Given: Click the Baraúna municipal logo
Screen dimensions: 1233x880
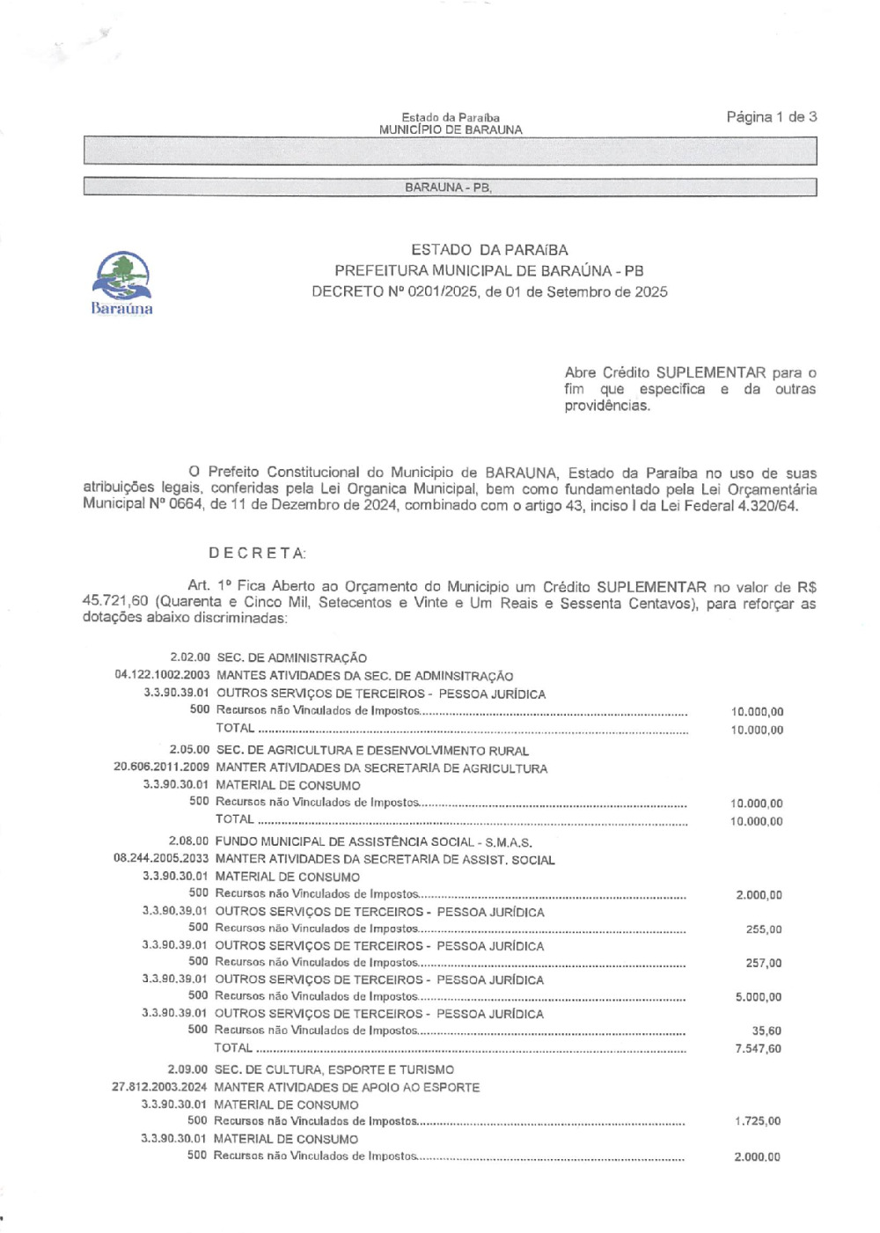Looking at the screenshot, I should [121, 282].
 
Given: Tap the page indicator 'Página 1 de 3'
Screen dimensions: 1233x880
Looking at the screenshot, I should [772, 117].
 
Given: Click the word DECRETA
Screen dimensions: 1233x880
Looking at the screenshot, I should [257, 553].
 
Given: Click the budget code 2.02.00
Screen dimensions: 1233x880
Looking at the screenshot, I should [190, 657].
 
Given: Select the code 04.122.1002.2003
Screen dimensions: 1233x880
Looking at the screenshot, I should [162, 676].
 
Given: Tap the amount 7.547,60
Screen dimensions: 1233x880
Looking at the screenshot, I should [758, 1048].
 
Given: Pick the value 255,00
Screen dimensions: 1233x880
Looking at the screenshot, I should [763, 929].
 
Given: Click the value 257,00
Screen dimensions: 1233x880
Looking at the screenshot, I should [763, 963].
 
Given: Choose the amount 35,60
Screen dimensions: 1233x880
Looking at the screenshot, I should [766, 1031].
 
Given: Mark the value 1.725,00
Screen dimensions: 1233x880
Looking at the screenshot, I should [757, 1121].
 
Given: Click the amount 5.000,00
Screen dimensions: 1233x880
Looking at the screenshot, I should [758, 997].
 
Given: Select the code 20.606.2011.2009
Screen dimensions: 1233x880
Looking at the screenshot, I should [161, 768].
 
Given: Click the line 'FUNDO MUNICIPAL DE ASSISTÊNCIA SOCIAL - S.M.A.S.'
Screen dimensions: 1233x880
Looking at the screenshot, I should [373, 841].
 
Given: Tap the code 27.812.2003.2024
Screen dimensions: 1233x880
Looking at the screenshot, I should [159, 1087].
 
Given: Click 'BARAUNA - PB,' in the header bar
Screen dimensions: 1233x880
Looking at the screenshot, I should [448, 187].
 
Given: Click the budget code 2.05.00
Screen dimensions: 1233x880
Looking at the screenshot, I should [189, 751].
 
